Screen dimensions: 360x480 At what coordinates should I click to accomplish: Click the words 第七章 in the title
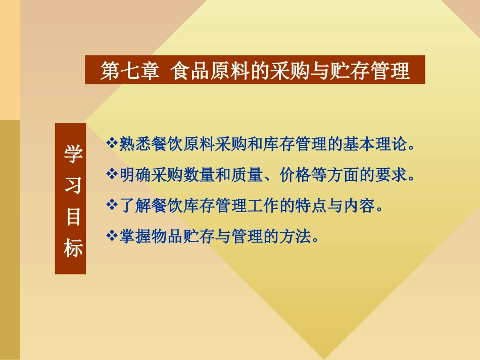pyautogui.click(x=123, y=71)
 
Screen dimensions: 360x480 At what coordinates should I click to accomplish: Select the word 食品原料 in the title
pyautogui.click(x=202, y=71)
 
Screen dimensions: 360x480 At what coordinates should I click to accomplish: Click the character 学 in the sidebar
pyautogui.click(x=71, y=155)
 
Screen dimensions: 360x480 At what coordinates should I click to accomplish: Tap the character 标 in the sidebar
pyautogui.click(x=71, y=248)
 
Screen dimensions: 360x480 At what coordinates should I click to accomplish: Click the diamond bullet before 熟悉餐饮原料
pyautogui.click(x=112, y=144)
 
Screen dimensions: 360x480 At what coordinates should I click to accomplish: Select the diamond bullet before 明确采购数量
pyautogui.click(x=112, y=175)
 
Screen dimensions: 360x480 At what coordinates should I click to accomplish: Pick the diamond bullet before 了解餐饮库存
pyautogui.click(x=112, y=205)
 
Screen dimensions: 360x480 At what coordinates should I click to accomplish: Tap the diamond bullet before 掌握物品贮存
pyautogui.click(x=112, y=235)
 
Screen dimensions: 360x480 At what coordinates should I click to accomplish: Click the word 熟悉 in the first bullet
pyautogui.click(x=132, y=144)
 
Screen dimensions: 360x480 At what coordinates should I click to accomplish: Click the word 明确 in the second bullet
pyautogui.click(x=132, y=175)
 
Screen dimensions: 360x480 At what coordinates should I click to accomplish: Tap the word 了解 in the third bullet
pyautogui.click(x=132, y=205)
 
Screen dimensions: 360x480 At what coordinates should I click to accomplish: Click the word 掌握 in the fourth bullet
pyautogui.click(x=132, y=236)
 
